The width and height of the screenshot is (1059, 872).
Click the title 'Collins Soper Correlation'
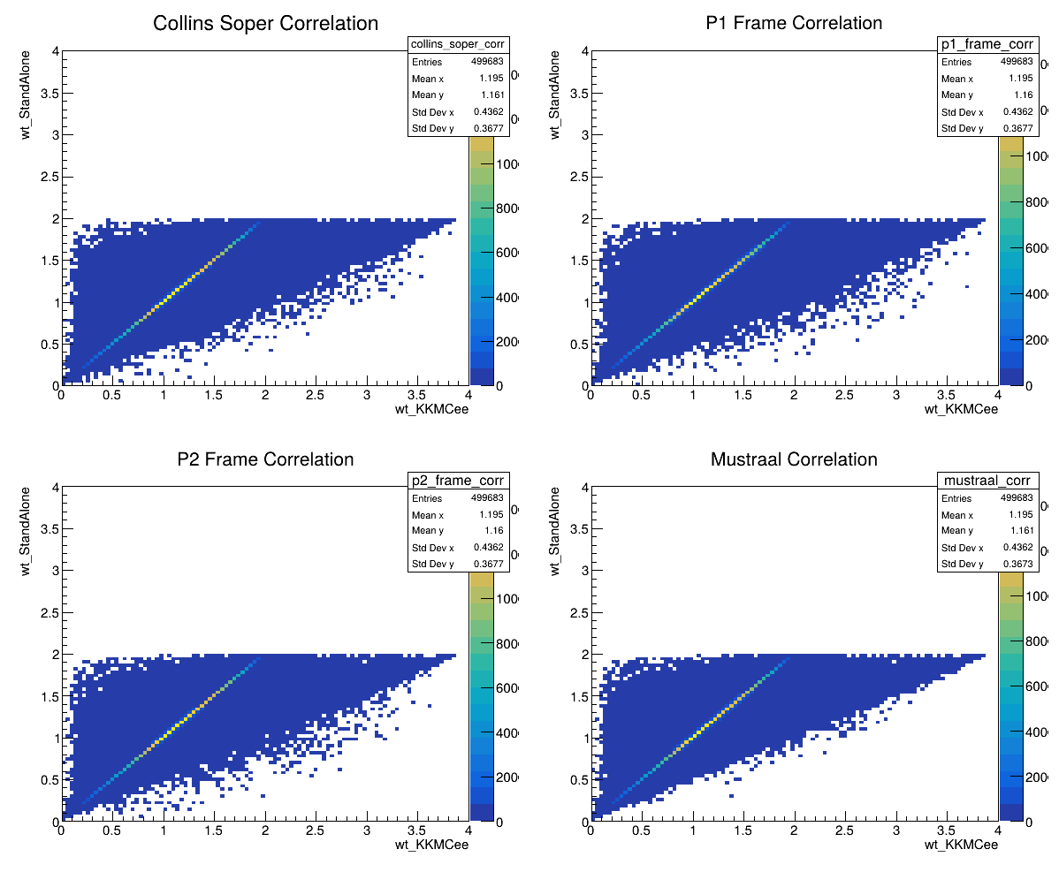[x=265, y=24]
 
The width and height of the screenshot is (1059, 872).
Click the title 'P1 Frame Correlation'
[x=794, y=24]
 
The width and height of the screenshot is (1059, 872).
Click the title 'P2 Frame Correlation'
[x=265, y=459]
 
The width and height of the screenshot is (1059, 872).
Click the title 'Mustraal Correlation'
[x=794, y=459]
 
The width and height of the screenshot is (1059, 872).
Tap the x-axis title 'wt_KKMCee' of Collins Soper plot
[x=431, y=409]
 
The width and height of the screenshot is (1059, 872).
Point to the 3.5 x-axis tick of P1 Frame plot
[x=946, y=396]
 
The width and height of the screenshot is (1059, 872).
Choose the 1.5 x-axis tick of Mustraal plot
[x=743, y=832]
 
